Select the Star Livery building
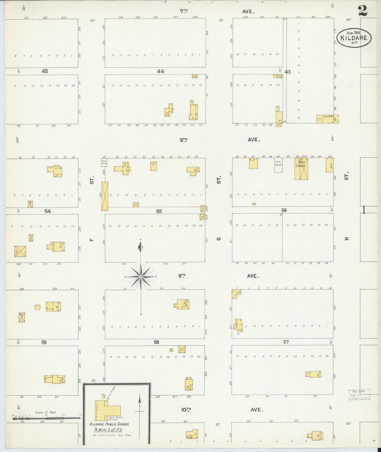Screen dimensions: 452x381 [x=301, y=169]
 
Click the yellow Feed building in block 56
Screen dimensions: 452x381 [x=330, y=165]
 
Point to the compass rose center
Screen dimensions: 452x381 [x=141, y=277]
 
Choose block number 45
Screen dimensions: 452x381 [x=45, y=71]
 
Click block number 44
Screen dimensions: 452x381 [x=161, y=71]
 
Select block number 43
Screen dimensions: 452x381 [x=287, y=72]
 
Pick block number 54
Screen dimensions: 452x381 [x=47, y=211]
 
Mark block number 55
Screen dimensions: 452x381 [x=159, y=211]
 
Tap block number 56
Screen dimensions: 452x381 [x=284, y=210]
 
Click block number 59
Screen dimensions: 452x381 [x=44, y=342]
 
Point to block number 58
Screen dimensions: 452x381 [x=156, y=342]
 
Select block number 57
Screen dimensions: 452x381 [x=286, y=342]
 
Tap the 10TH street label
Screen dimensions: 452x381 [x=186, y=410]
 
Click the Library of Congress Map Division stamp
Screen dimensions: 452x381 [x=359, y=395]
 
